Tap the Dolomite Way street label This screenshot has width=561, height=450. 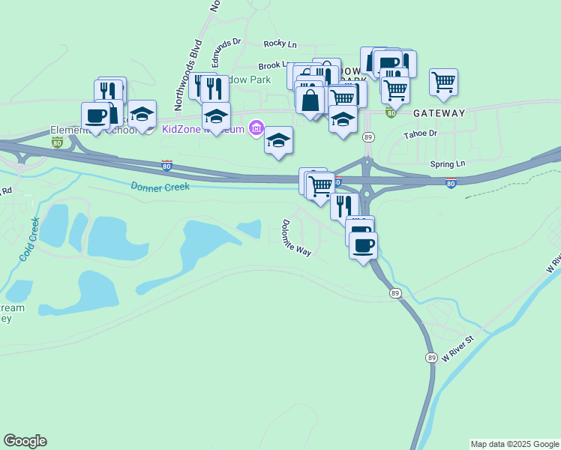coord(296,238)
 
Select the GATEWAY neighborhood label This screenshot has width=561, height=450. coord(439,113)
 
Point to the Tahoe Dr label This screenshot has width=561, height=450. coord(420,134)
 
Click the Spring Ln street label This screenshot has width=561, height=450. coord(448,163)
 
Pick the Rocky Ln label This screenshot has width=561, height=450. coord(281,45)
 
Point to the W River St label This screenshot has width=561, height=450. coord(459,349)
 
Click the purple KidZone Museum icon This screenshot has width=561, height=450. coord(256,129)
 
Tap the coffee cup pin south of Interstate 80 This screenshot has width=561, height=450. coord(364,244)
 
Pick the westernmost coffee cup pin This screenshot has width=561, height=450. coord(95,115)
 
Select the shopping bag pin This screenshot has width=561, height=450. coord(310,99)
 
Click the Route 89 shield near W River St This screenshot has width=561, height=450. coord(431,358)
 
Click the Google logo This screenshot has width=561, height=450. coord(25,441)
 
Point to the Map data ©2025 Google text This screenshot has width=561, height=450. coord(514,444)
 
